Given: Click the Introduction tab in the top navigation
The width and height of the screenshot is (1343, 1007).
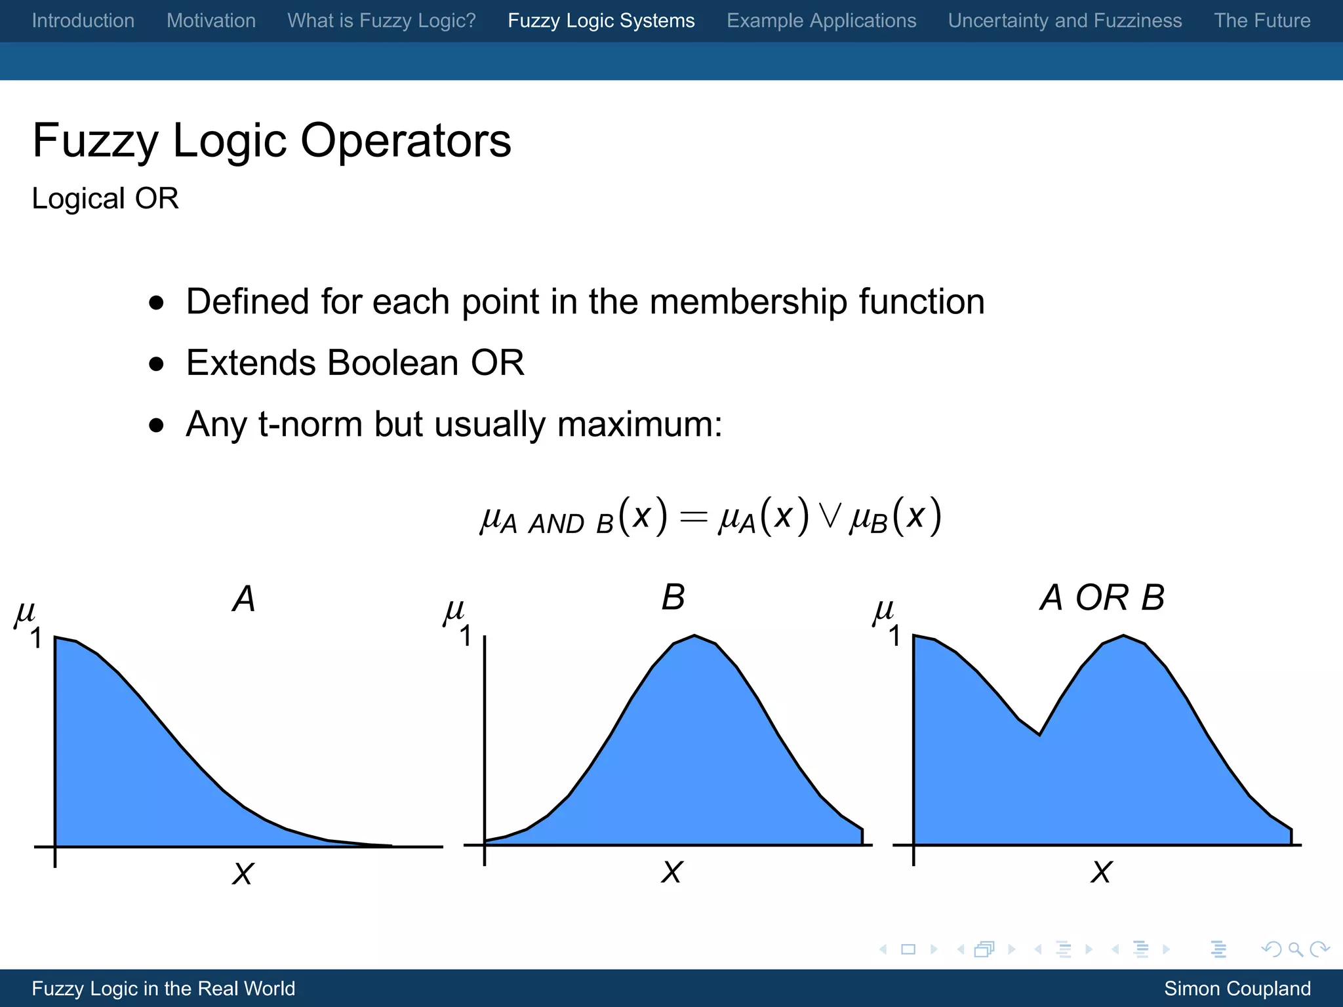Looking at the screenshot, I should [x=83, y=20].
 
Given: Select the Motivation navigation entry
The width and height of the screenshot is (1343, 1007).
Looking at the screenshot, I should [x=211, y=20].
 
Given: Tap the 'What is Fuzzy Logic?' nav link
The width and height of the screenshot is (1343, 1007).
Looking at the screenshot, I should [x=382, y=20].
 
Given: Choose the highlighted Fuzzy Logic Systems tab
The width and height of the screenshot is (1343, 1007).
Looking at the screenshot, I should [x=601, y=20].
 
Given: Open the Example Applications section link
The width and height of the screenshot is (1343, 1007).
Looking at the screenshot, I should [x=821, y=20].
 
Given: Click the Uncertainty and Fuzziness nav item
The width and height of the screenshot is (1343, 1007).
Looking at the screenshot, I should [x=1065, y=20].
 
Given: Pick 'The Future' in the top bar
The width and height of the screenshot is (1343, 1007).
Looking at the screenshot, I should [x=1262, y=20].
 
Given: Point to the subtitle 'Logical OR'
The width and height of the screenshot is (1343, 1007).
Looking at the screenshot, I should [x=105, y=199].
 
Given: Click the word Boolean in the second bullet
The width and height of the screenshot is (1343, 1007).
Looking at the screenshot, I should [x=393, y=363].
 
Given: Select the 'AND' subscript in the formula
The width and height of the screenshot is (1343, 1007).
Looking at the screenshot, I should [x=556, y=524].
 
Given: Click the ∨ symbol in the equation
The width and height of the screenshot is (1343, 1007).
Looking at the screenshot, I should [x=830, y=517].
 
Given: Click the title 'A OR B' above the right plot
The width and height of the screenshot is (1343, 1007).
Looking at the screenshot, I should [x=1102, y=598].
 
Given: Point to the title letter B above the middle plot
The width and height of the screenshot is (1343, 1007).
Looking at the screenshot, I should [x=673, y=598].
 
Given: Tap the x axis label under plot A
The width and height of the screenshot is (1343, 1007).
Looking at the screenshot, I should [x=243, y=873].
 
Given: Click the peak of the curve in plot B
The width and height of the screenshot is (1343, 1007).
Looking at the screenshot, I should [x=694, y=635].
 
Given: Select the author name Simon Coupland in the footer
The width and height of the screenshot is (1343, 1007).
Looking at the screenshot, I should [x=1237, y=988].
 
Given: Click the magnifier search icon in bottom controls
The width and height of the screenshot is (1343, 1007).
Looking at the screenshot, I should [x=1295, y=949].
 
